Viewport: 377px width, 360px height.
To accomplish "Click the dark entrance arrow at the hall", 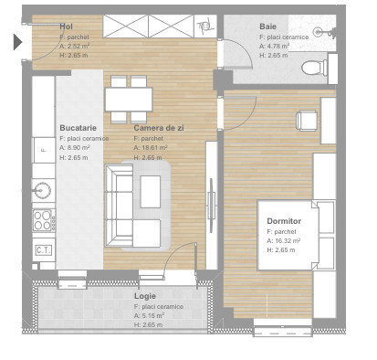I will (x=17, y=41).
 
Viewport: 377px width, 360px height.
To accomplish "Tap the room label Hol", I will (x=66, y=26).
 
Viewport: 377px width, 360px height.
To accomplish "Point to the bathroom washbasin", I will (x=319, y=31).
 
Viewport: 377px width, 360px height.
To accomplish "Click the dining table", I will (x=129, y=95).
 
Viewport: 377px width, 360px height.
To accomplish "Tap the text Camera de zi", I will (x=159, y=129).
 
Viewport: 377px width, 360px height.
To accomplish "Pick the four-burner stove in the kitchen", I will (x=43, y=219).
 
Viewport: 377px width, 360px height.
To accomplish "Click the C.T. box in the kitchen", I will (x=43, y=249).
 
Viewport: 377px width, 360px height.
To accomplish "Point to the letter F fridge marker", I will (x=41, y=147).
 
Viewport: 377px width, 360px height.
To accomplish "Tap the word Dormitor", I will (x=284, y=222).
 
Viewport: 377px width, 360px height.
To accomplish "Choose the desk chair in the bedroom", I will (x=306, y=119).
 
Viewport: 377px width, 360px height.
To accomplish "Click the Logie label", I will (x=144, y=296).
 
